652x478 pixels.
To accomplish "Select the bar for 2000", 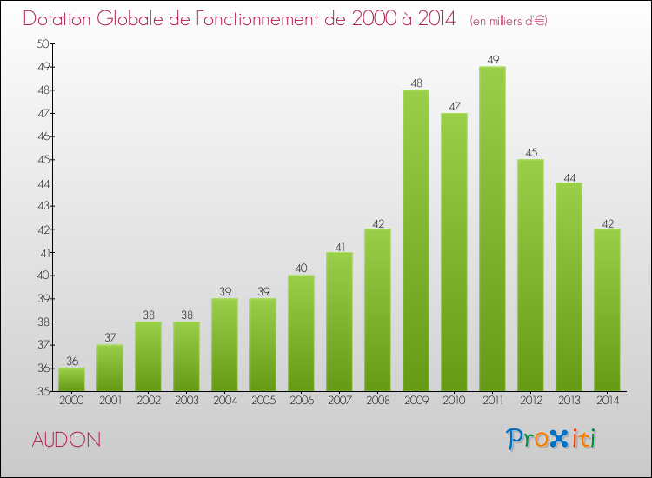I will click(x=71, y=380).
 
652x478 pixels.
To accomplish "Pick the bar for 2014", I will click(x=607, y=310).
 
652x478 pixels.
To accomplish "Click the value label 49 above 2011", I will click(x=492, y=60).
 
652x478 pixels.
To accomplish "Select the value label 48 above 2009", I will click(x=416, y=83).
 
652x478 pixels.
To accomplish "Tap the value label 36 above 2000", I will click(x=71, y=362).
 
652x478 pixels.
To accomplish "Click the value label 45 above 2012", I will click(x=530, y=153).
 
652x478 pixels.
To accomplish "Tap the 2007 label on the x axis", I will click(x=339, y=401).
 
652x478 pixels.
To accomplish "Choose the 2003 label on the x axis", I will click(x=186, y=401).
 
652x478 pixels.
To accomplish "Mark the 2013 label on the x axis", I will click(x=569, y=401).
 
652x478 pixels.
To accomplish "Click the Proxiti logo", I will click(x=552, y=439).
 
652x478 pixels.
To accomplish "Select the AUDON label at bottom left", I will click(x=66, y=441).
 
